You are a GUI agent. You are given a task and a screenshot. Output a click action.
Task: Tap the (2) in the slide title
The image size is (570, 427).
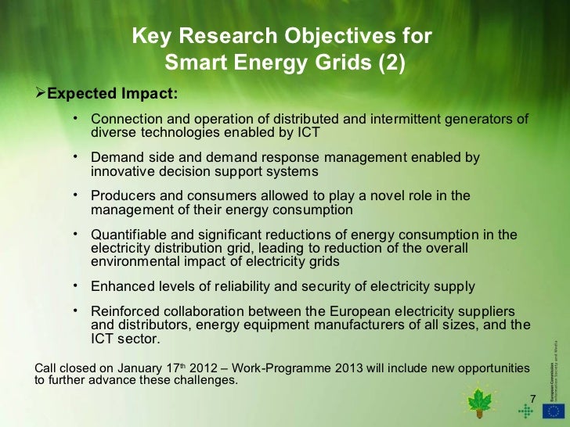pyautogui.click(x=391, y=60)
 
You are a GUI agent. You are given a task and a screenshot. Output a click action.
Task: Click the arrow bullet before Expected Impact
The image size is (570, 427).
pyautogui.click(x=41, y=95)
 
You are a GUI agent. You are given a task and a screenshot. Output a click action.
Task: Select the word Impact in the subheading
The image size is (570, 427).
pyautogui.click(x=150, y=95)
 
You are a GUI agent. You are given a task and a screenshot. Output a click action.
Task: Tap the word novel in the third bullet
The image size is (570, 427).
pyautogui.click(x=400, y=196)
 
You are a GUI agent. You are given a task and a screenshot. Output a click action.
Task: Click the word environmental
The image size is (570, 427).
pyautogui.click(x=132, y=261)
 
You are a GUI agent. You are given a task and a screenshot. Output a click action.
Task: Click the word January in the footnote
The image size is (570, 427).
pyautogui.click(x=141, y=368)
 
